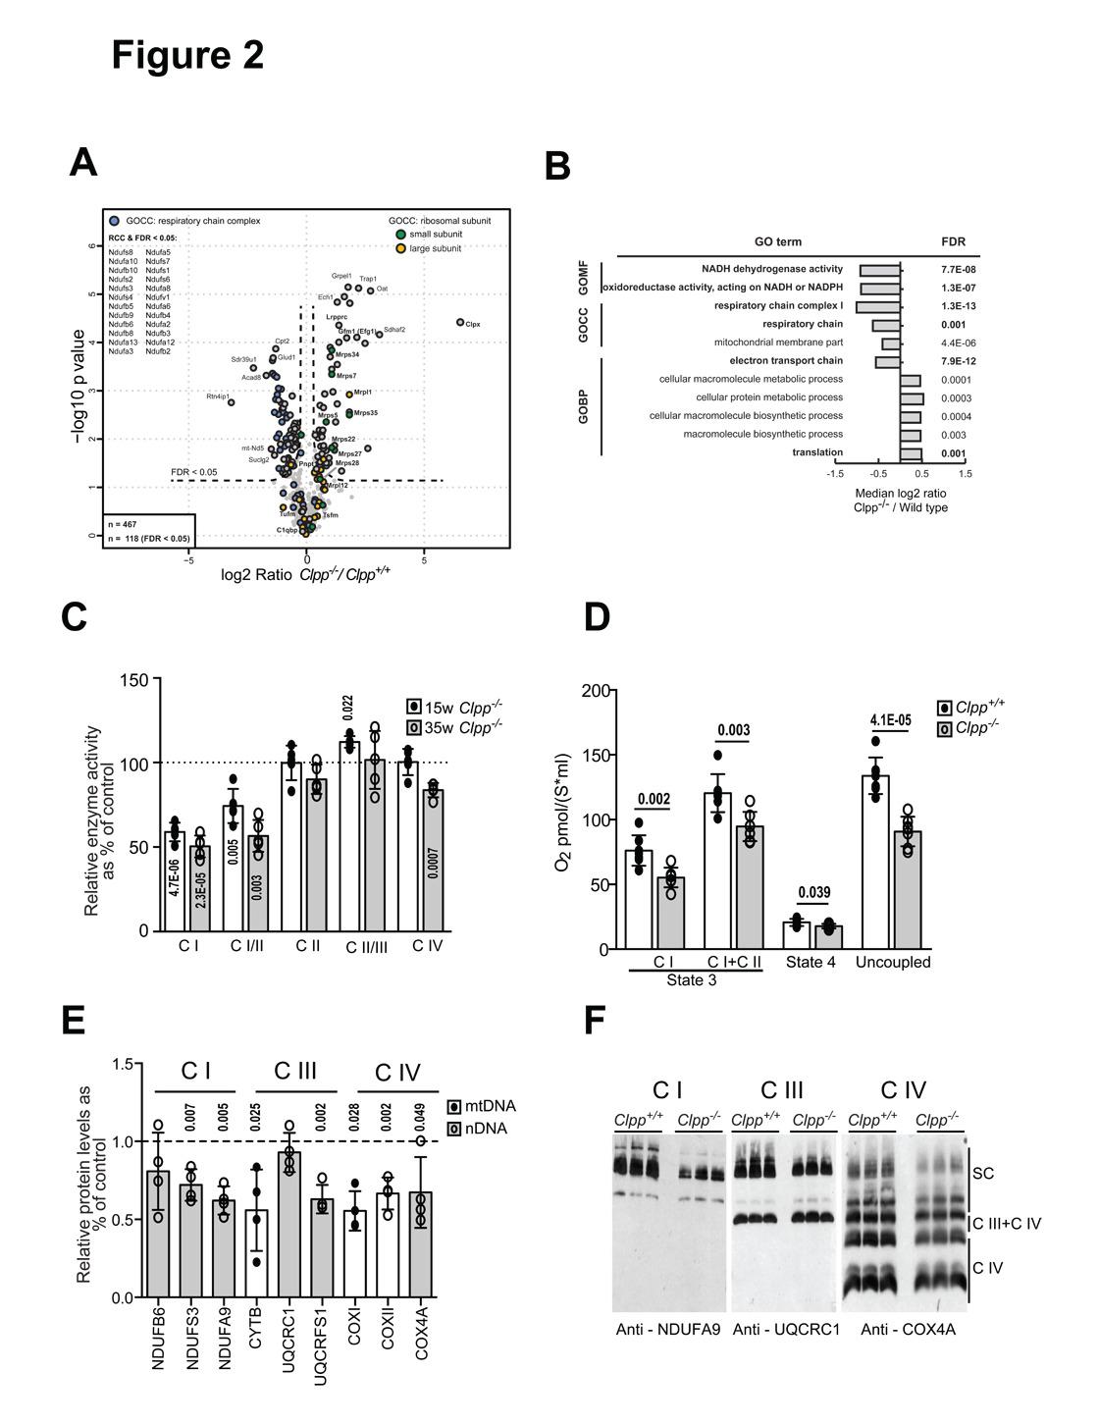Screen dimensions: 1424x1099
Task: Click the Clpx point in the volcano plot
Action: coord(460,322)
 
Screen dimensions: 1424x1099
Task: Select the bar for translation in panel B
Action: coord(912,452)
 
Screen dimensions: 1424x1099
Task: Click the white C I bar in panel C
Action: coord(175,880)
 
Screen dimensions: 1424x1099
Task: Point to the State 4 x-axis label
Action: coord(811,962)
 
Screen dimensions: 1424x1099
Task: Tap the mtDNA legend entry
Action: coord(488,1106)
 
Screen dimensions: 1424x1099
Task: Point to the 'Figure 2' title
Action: coord(187,55)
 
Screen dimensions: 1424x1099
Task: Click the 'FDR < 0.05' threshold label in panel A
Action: coord(193,472)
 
